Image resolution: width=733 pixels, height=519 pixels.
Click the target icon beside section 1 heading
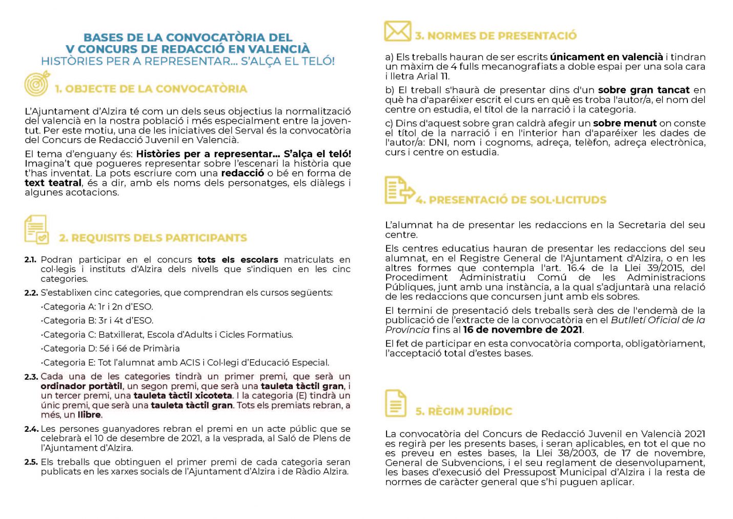pyautogui.click(x=37, y=84)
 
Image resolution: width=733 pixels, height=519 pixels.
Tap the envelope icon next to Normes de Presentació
pyautogui.click(x=398, y=31)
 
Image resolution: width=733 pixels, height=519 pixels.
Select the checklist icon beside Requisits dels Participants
pyautogui.click(x=36, y=229)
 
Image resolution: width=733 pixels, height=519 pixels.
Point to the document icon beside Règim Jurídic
pyautogui.click(x=395, y=403)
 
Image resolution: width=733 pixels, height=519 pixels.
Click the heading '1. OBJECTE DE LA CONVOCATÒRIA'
pyautogui.click(x=151, y=89)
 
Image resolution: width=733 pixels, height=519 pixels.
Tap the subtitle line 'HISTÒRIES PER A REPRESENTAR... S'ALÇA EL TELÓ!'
pyautogui.click(x=188, y=61)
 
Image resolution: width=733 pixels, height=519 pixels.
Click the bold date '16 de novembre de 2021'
pyautogui.click(x=523, y=330)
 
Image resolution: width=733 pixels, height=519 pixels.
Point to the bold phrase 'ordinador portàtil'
pyautogui.click(x=82, y=386)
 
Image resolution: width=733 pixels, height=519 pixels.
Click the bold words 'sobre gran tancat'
pyautogui.click(x=644, y=90)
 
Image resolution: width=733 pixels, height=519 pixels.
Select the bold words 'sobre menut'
pyautogui.click(x=624, y=123)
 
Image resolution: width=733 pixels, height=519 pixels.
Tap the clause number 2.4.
pyautogui.click(x=31, y=429)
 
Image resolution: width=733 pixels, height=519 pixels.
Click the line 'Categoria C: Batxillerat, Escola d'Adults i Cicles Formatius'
pyautogui.click(x=167, y=335)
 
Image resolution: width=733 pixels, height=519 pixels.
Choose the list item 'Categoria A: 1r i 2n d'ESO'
pyautogui.click(x=97, y=307)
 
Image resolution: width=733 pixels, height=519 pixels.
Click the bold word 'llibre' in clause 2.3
pyautogui.click(x=89, y=415)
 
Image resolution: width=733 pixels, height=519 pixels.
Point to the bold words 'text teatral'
pyautogui.click(x=53, y=183)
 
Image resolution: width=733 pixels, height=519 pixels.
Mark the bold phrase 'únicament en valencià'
pyautogui.click(x=606, y=57)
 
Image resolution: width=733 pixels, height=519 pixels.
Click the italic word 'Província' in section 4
pyautogui.click(x=408, y=330)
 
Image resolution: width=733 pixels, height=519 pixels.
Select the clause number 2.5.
pyautogui.click(x=31, y=462)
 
